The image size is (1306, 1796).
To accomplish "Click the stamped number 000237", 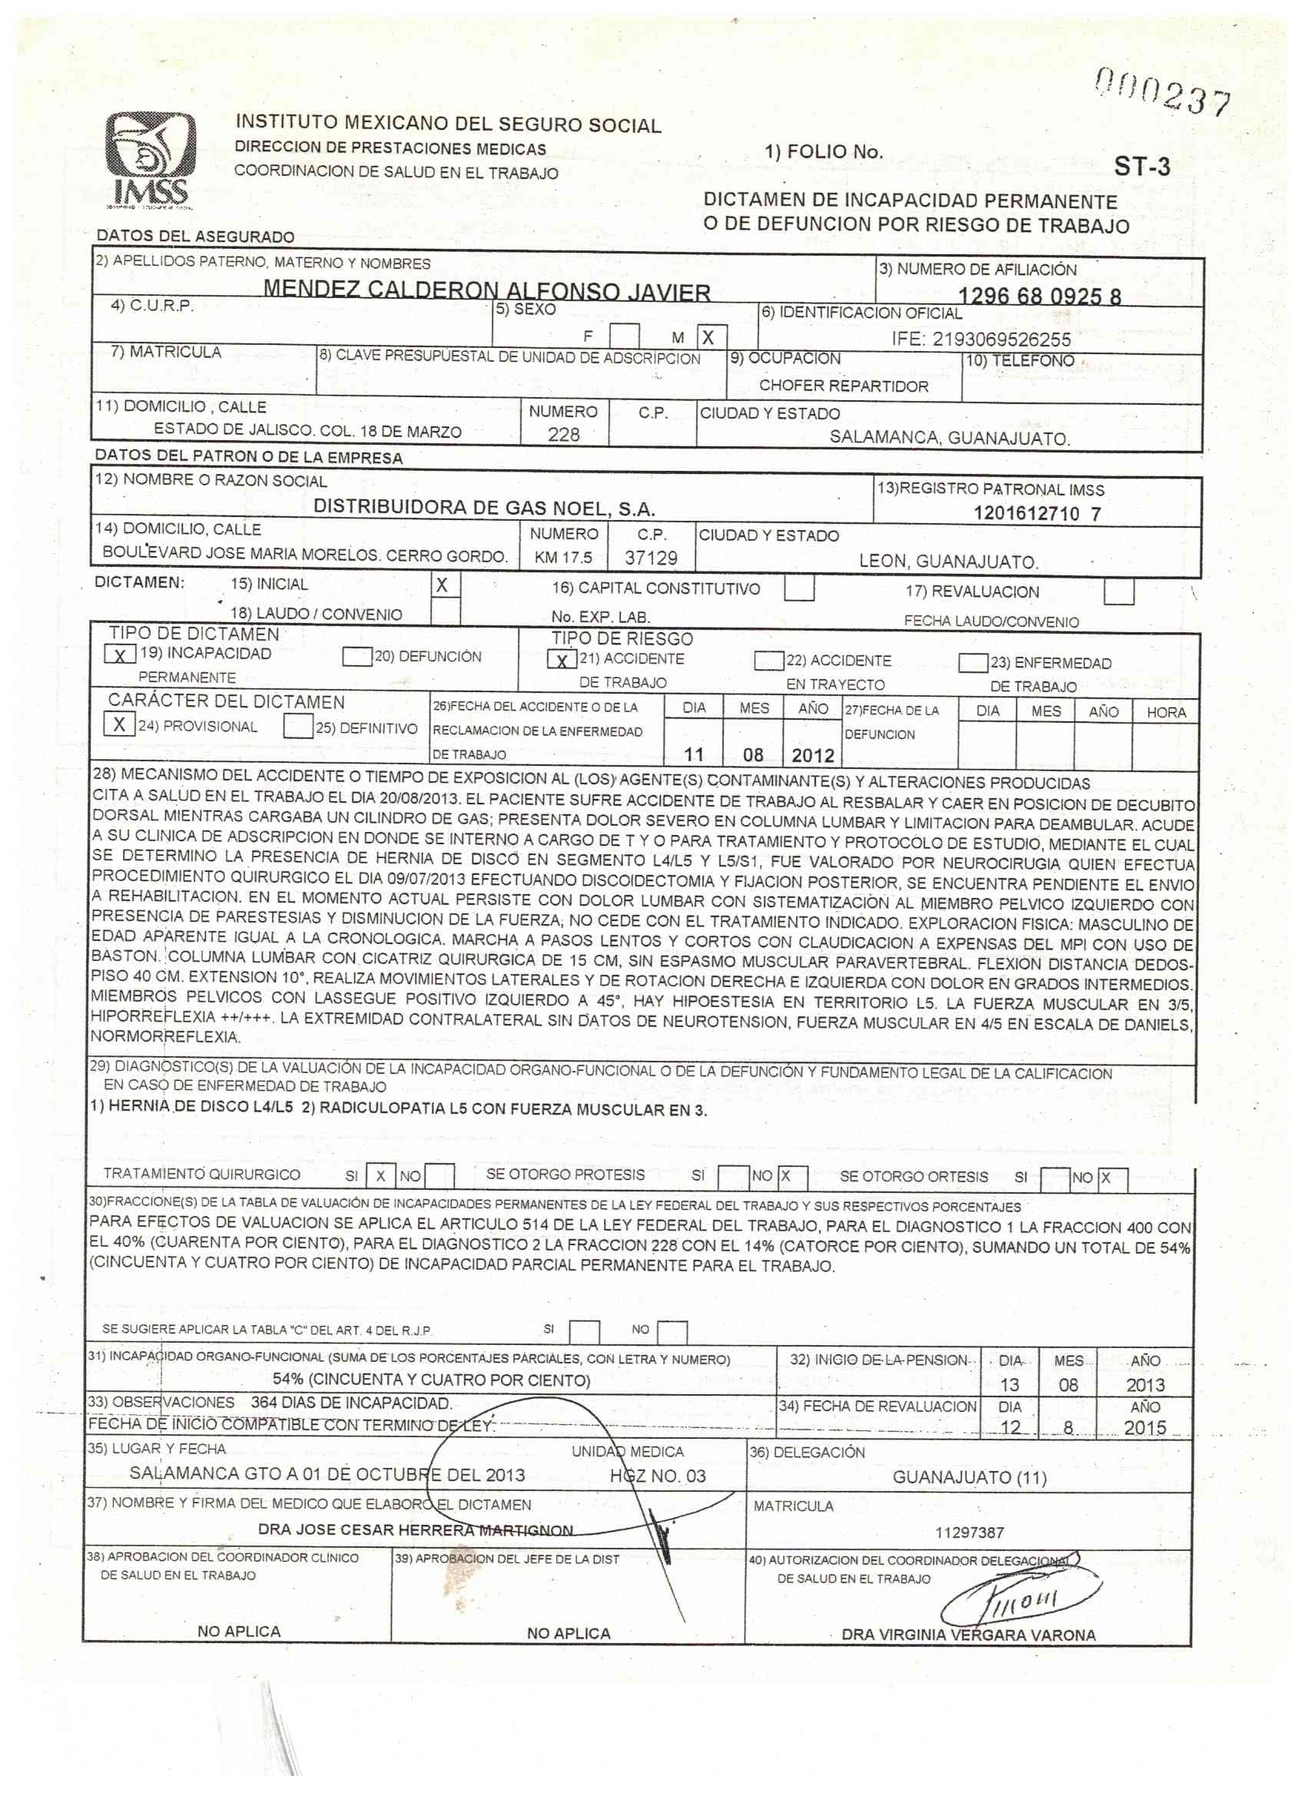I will click(1162, 92).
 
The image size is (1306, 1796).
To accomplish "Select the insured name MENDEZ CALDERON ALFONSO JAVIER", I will click(486, 291).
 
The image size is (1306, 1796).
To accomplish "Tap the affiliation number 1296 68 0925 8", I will click(1039, 297).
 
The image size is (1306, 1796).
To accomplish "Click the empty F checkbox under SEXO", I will click(625, 336).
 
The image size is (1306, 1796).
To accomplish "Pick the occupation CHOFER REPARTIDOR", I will click(844, 386).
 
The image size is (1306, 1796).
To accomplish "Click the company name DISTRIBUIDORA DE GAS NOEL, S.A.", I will click(484, 509).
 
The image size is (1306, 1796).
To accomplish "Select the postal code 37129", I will click(650, 558).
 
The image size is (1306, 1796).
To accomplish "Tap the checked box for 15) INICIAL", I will click(444, 586).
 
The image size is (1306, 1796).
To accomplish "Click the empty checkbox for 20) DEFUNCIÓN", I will click(357, 657).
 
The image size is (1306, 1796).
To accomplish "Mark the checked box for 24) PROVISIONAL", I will click(119, 724).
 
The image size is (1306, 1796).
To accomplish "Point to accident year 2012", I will click(813, 754).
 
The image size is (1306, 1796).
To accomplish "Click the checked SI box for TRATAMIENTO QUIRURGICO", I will click(381, 1176).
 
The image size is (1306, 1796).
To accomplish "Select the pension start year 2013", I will click(1145, 1385).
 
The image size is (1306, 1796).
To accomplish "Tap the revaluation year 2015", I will click(1145, 1428).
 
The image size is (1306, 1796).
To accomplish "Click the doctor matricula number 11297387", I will click(970, 1533).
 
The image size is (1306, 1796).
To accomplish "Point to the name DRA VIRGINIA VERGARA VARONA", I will click(969, 1635).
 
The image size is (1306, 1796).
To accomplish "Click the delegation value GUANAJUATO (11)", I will click(969, 1477).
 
